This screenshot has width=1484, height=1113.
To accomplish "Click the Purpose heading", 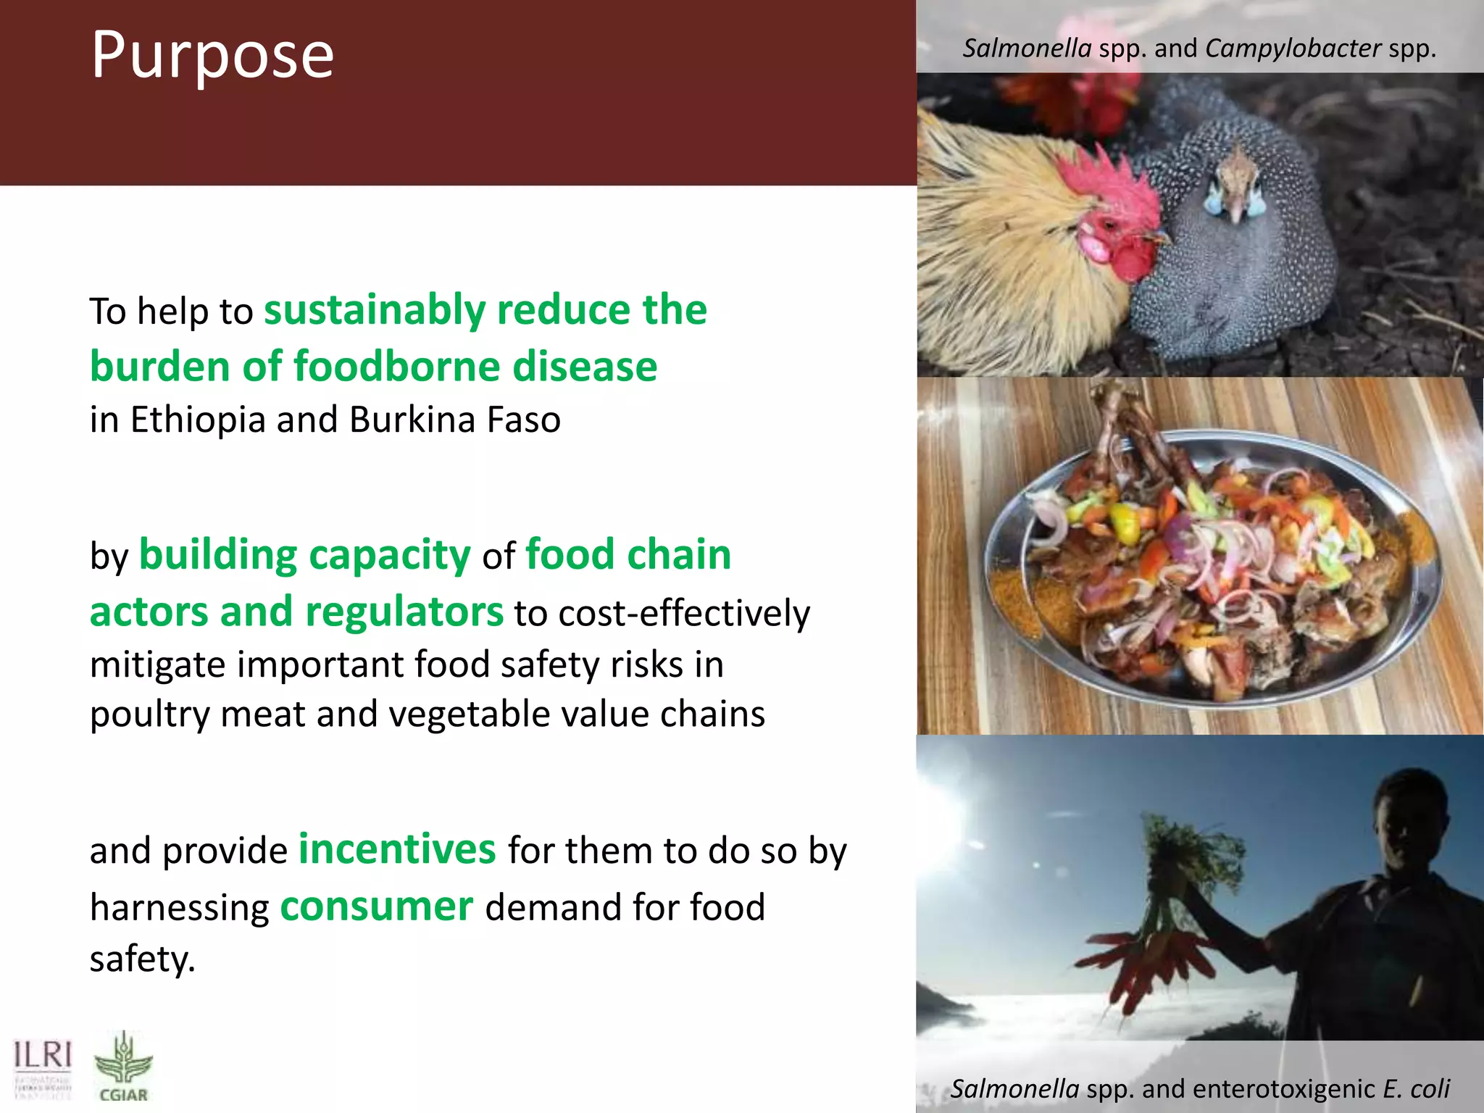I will coord(212,55).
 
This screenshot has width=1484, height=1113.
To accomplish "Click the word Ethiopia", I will coord(198,420).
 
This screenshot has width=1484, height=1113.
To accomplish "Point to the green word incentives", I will coord(397,849).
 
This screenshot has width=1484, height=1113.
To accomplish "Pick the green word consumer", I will coord(377,906).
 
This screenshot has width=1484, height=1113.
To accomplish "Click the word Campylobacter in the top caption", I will coord(1293,49).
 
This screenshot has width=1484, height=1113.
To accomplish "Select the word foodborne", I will coord(397,366).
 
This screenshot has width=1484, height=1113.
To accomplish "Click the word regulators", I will coord(404,611).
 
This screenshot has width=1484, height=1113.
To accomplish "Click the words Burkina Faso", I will coord(454,420).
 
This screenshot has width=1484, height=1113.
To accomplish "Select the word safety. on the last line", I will coord(143,959).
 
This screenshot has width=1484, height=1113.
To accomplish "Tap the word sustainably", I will coord(374,310).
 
